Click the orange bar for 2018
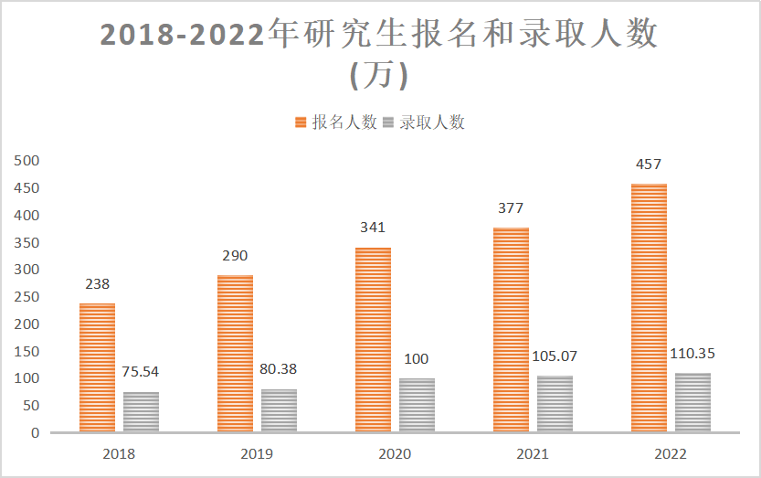pyautogui.click(x=97, y=366)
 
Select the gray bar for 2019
pyautogui.click(x=279, y=410)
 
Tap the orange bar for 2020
pyautogui.click(x=373, y=339)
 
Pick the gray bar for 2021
pyautogui.click(x=555, y=403)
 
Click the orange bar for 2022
pyautogui.click(x=649, y=307)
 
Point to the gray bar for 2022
pyautogui.click(x=692, y=402)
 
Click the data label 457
pyautogui.click(x=649, y=165)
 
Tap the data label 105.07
pyautogui.click(x=555, y=356)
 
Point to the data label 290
pyautogui.click(x=234, y=256)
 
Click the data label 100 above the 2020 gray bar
pyautogui.click(x=417, y=359)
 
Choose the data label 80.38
pyautogui.click(x=279, y=369)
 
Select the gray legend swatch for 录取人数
pyautogui.click(x=387, y=122)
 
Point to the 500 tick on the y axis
pyautogui.click(x=27, y=161)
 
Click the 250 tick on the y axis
pyautogui.click(x=27, y=297)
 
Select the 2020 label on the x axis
pyautogui.click(x=395, y=453)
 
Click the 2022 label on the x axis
pyautogui.click(x=671, y=453)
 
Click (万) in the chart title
pyautogui.click(x=379, y=76)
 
